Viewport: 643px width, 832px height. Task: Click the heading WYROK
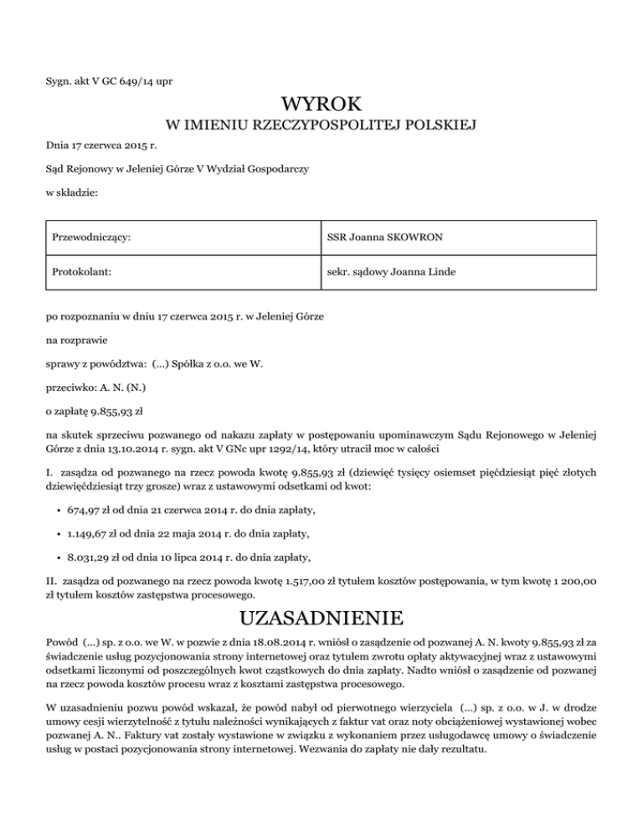[321, 105]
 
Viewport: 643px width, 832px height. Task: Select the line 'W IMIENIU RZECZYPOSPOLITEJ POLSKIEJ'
[321, 126]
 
